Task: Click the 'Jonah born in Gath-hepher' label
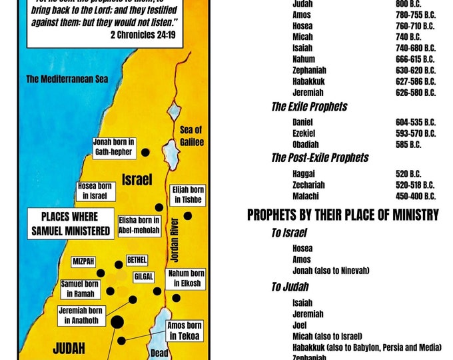(115, 147)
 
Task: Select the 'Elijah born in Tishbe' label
(188, 195)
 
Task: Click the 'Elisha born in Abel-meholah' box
(139, 226)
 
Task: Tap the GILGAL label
(144, 276)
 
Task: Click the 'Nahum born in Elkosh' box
(188, 279)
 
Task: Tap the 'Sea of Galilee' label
(191, 136)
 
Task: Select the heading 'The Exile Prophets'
(309, 107)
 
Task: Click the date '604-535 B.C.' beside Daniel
(415, 122)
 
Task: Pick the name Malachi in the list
(305, 196)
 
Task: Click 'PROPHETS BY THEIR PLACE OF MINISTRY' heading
(343, 215)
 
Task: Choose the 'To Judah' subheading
(290, 287)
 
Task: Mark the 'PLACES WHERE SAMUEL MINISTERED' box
(69, 224)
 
